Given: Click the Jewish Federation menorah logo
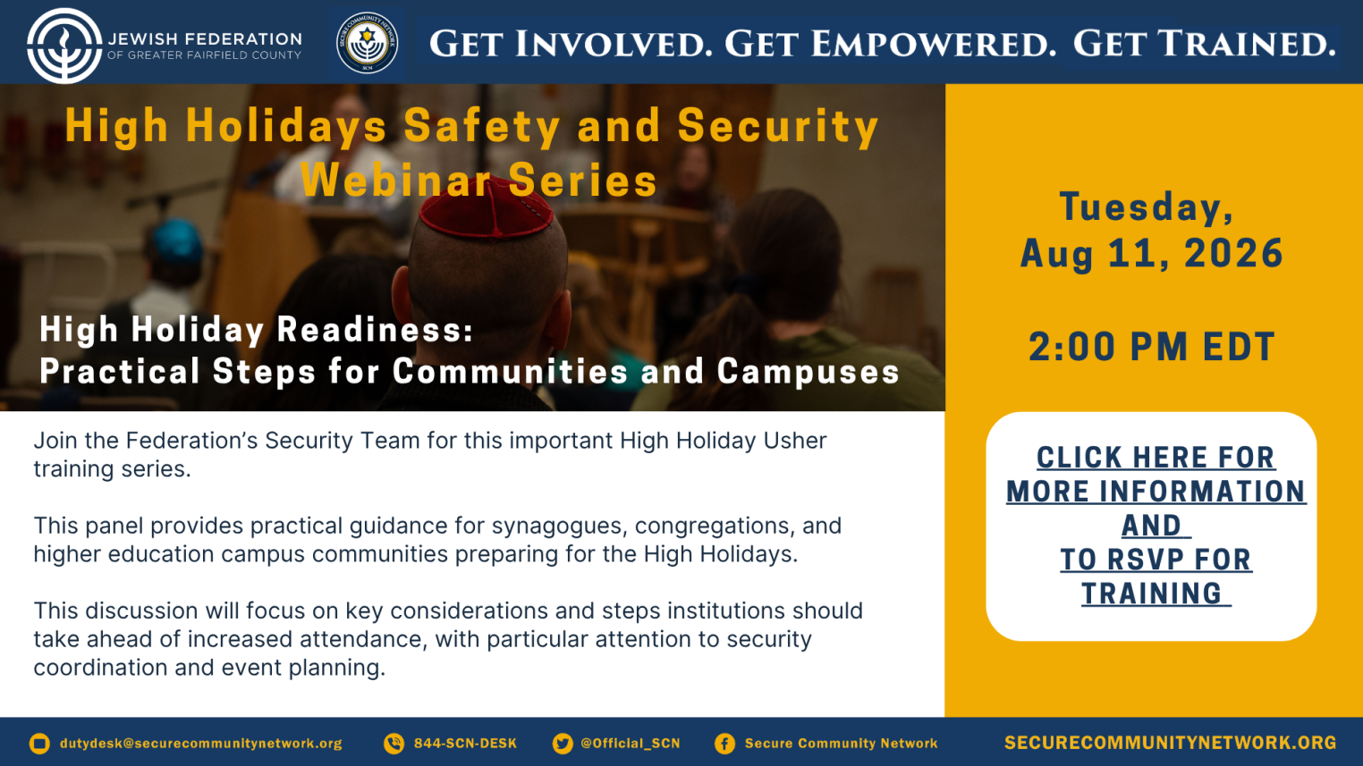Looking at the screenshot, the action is [63, 46].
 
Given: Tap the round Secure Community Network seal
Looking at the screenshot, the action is [367, 43].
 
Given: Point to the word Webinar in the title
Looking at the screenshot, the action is [396, 180].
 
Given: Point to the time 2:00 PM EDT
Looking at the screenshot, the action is [1152, 347].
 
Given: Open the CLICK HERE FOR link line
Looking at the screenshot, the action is [1156, 458].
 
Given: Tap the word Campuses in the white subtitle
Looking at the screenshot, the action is [808, 372].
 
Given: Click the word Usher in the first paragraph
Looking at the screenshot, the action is [795, 441].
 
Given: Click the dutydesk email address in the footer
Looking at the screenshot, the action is [201, 744].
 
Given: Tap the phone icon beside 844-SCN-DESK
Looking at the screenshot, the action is [394, 744].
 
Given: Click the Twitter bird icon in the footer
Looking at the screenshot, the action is [563, 744].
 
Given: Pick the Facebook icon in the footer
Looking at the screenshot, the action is [724, 744].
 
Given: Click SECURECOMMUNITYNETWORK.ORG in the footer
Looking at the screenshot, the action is [1170, 743].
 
